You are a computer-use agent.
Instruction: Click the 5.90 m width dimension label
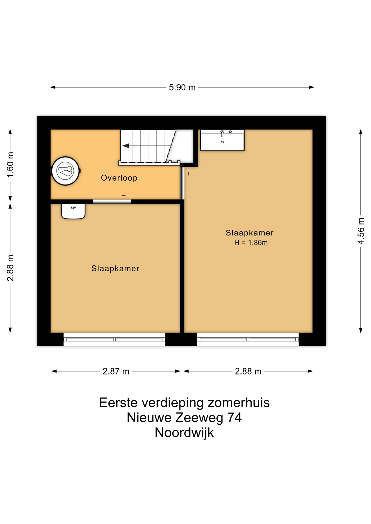182,87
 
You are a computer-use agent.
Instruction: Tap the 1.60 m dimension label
10,165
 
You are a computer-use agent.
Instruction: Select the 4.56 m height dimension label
361,231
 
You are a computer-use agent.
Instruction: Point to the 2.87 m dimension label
116,371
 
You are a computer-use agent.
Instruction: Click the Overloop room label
119,178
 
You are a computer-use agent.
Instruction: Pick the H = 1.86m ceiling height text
251,243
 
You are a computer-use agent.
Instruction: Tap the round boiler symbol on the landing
66,171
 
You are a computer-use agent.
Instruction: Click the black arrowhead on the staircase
126,146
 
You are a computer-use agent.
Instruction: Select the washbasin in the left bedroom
73,211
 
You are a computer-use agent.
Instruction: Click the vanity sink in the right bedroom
222,140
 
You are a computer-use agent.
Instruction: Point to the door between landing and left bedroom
112,202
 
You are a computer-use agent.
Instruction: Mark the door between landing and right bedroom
182,183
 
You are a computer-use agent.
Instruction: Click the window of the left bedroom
114,339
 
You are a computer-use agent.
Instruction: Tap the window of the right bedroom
248,339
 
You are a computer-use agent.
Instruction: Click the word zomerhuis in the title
238,403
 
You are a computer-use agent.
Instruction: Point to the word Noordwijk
184,433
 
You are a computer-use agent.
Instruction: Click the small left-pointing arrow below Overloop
123,195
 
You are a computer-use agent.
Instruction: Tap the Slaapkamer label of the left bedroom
115,269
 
